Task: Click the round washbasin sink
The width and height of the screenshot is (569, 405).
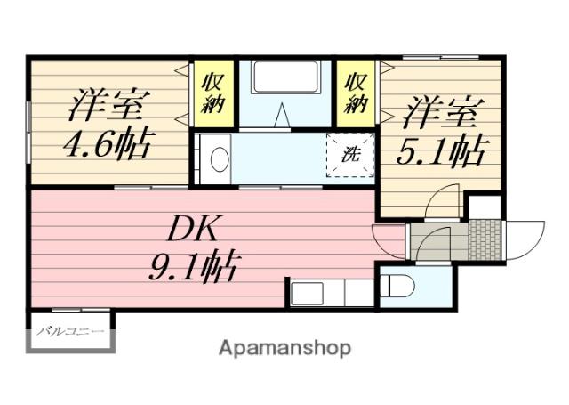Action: click(x=219, y=159)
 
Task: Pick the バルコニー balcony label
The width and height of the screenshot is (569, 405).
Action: click(x=69, y=333)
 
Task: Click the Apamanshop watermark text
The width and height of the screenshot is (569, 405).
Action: click(x=284, y=348)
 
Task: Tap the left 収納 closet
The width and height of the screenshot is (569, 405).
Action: click(x=213, y=92)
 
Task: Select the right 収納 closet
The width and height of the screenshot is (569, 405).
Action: click(x=357, y=92)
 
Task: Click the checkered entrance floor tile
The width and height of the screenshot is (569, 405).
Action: click(x=485, y=239)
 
